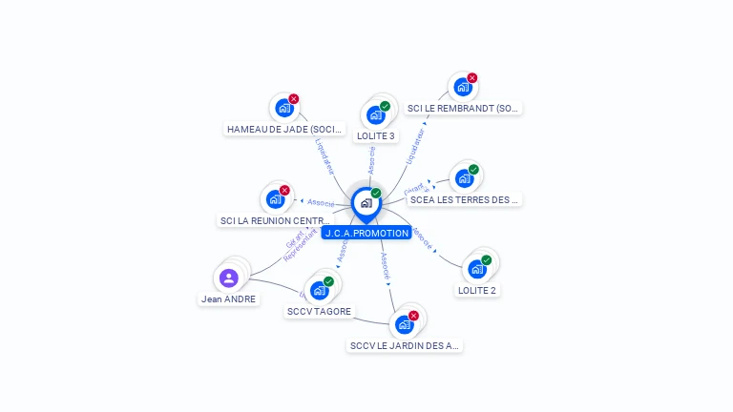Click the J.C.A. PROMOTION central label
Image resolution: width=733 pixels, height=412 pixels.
pos(366,233)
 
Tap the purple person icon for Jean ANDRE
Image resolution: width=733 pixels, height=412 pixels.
pos(229,278)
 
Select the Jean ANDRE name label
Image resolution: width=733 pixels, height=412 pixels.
pos(228,299)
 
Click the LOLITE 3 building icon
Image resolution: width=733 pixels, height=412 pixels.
pos(375,115)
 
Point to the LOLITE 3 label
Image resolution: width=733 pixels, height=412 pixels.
pos(375,136)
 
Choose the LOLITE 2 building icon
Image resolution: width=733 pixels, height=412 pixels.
pos(476,269)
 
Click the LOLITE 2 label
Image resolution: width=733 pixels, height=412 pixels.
pos(476,290)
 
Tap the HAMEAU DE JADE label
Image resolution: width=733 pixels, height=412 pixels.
pos(284,129)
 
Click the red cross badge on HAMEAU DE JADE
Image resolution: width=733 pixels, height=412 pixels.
pos(294,99)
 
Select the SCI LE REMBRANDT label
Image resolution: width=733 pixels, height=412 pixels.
pos(463,108)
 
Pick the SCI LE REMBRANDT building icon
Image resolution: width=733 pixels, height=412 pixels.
pos(462,87)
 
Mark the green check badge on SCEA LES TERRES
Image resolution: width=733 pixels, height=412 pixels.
pos(473,170)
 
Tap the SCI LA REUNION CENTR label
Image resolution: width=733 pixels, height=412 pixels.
pos(275,220)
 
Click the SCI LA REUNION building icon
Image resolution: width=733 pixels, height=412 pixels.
pos(275,199)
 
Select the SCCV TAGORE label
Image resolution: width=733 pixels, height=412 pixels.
pos(319,311)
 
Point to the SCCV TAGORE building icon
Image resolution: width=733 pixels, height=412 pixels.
pos(319,290)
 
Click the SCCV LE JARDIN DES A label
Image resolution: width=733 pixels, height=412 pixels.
pos(405,345)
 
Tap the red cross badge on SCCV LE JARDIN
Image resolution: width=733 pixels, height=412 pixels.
pos(413,316)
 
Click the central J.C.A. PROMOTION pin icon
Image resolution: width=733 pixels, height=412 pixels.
pos(366,202)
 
